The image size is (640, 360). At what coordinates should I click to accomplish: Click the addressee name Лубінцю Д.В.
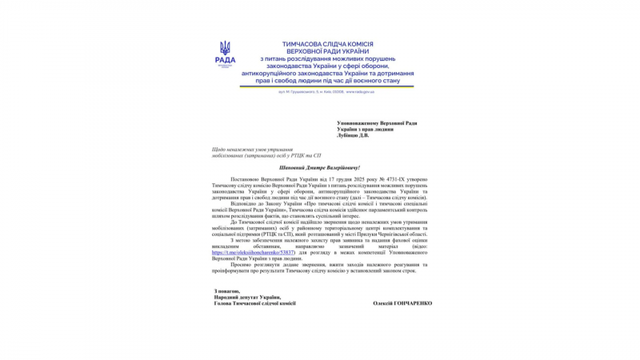(x=353, y=135)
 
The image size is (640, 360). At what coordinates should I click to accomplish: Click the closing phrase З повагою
(x=228, y=290)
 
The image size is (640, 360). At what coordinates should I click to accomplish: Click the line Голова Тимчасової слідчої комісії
(x=254, y=303)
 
